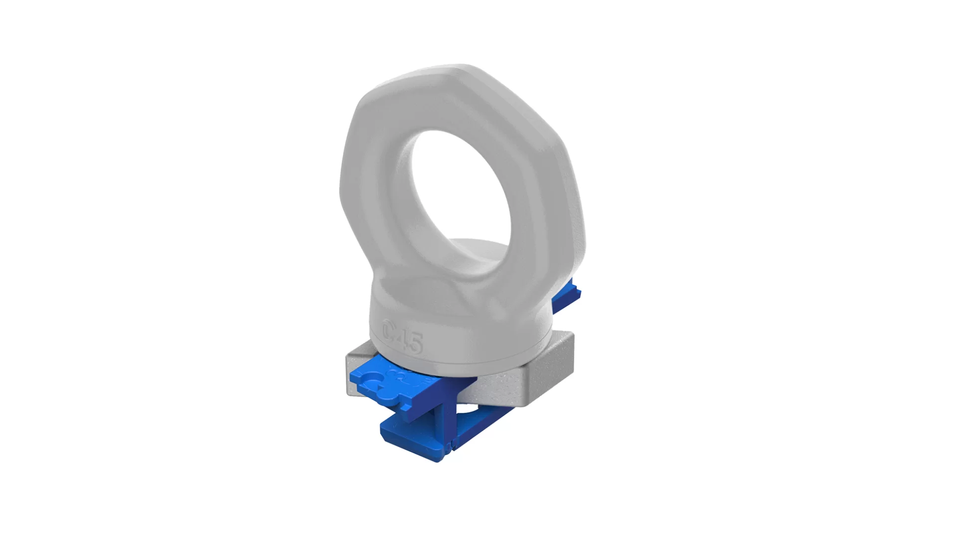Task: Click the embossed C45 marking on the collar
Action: (403, 338)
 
